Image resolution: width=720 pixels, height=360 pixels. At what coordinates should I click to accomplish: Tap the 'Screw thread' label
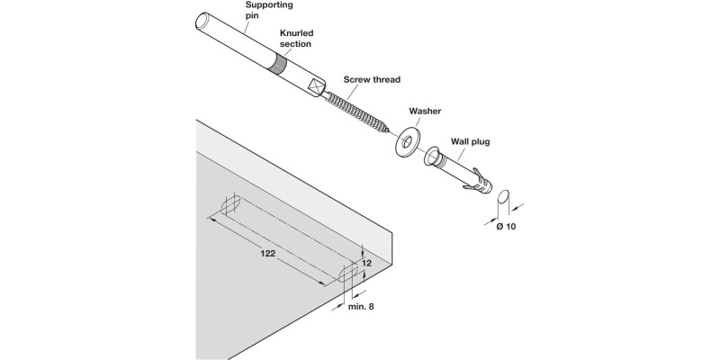(x=372, y=78)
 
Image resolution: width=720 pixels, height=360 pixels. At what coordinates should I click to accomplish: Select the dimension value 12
(x=366, y=264)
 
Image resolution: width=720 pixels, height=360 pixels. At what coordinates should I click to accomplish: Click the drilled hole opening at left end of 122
(x=229, y=206)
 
